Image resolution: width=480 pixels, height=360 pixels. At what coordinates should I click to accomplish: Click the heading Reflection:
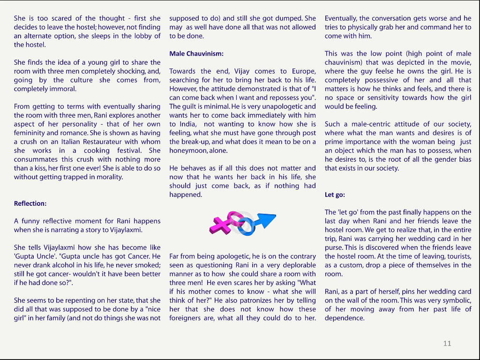coord(30,203)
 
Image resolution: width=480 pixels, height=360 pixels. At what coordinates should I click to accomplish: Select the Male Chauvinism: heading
coord(196,53)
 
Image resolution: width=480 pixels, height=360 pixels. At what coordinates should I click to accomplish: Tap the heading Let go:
coord(335,195)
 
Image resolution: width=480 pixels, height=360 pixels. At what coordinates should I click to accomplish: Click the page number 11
coord(447,344)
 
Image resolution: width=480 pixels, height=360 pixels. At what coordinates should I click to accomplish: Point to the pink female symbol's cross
coord(221,225)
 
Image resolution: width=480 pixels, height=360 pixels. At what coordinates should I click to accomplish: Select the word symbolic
coord(457,300)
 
